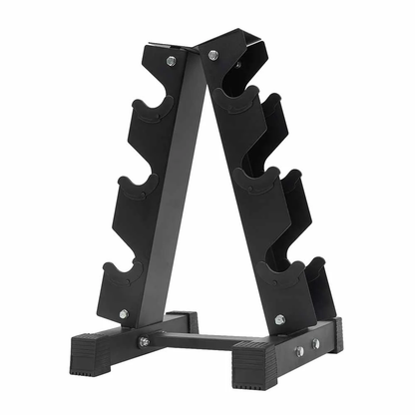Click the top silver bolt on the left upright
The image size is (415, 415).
point(172,61)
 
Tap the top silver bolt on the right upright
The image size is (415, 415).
point(212,55)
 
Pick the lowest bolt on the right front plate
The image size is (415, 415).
point(280,319)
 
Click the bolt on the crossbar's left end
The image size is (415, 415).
point(144,342)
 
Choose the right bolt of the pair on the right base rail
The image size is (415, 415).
point(314,343)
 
